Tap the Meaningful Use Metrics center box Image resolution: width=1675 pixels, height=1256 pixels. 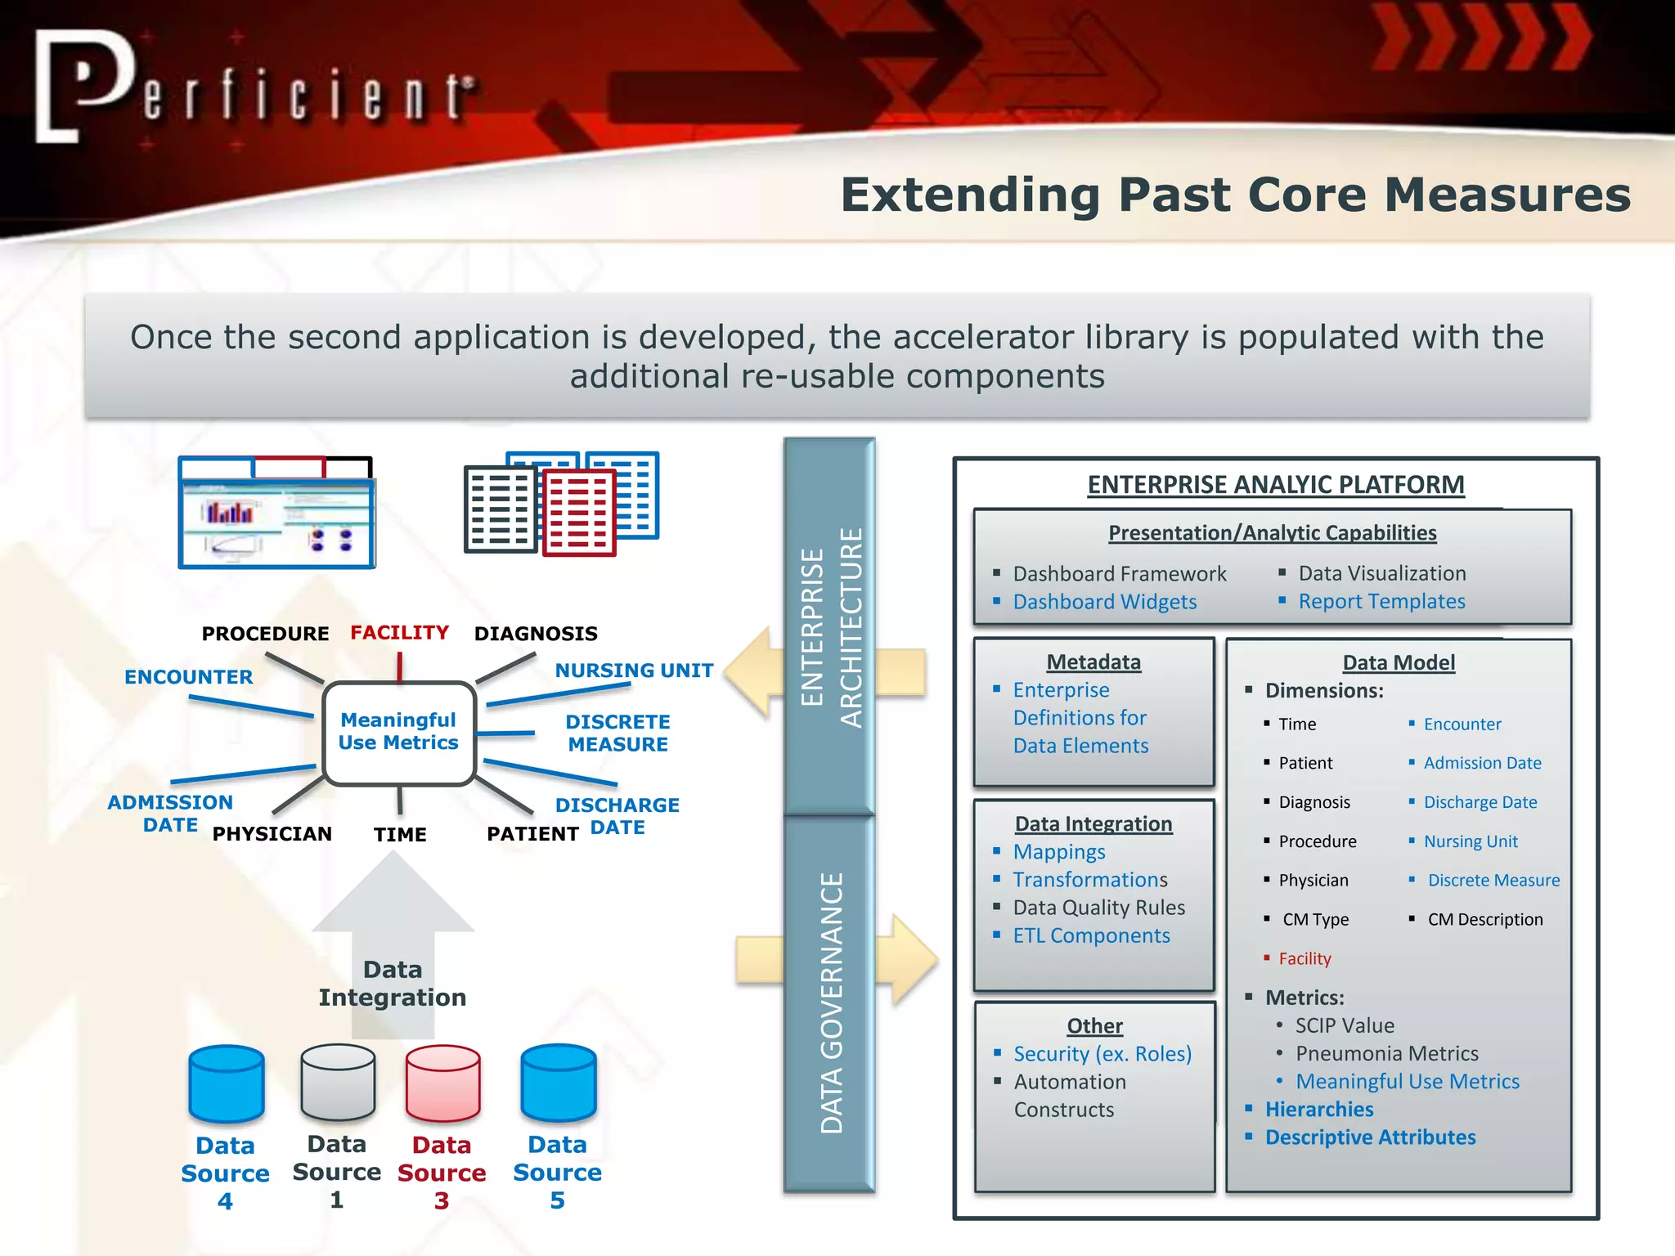[399, 732]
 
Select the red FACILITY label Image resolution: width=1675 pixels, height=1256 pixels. [399, 632]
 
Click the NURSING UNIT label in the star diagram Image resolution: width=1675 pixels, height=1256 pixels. [634, 671]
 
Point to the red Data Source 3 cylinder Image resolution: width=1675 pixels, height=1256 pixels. [442, 1083]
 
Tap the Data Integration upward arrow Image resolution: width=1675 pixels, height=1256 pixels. [393, 940]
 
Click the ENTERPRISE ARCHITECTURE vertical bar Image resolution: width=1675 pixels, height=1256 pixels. [829, 626]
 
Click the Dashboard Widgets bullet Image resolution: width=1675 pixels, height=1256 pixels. [1104, 602]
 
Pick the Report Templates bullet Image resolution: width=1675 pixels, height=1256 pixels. [1381, 601]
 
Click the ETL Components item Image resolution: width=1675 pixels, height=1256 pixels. [1091, 935]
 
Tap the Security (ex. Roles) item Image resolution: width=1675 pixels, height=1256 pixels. [1102, 1054]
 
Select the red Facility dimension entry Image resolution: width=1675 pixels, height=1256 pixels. [1305, 958]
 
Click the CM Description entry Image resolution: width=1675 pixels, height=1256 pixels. [1484, 919]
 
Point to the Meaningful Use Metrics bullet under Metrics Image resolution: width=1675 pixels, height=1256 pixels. [1407, 1081]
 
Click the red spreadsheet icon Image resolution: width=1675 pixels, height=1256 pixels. [578, 512]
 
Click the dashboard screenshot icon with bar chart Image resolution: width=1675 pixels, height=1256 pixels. [276, 514]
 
